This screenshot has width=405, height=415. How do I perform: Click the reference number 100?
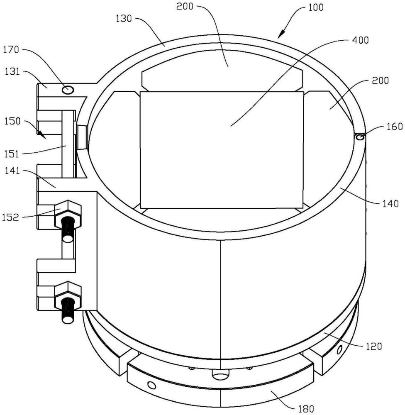[316, 7]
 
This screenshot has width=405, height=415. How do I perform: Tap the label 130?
[124, 19]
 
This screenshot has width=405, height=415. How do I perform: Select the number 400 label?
[361, 40]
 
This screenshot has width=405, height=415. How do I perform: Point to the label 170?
[11, 49]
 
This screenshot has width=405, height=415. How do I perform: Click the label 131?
[12, 71]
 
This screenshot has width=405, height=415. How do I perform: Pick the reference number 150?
[12, 121]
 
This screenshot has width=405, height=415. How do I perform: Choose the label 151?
[12, 154]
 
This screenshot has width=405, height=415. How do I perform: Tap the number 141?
[12, 171]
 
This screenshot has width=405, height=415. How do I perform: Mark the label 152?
[11, 217]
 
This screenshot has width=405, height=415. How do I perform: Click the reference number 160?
[395, 127]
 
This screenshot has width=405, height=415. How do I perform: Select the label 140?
[390, 203]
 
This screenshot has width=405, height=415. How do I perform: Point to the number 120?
[374, 346]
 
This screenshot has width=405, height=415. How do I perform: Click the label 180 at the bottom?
[306, 409]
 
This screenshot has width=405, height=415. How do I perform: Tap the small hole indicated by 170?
[68, 90]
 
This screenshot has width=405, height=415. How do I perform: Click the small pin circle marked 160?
[360, 137]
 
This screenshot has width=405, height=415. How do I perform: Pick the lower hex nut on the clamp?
[68, 295]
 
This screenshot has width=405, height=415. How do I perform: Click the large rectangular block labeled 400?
[222, 150]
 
